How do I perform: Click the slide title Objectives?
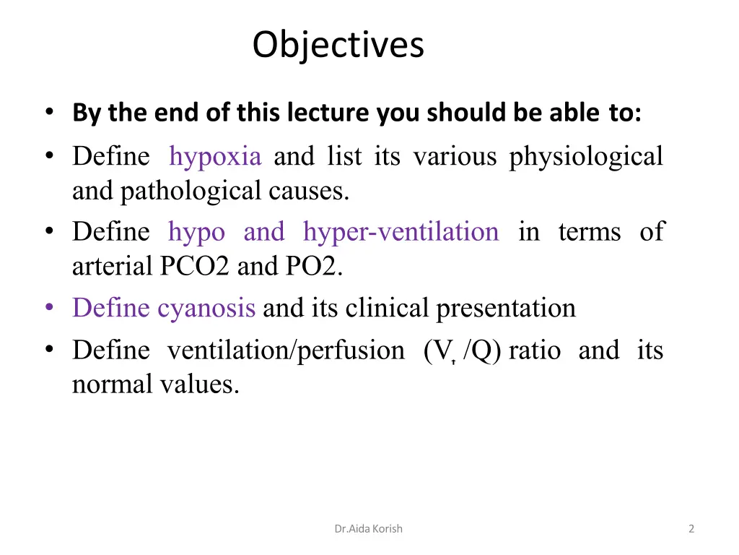(x=338, y=45)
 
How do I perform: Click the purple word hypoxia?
(x=214, y=156)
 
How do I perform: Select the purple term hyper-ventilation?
(x=401, y=232)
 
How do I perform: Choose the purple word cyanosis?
(x=206, y=309)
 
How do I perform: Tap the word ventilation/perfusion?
(x=286, y=350)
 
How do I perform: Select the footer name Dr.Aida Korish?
(x=368, y=529)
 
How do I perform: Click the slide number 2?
(x=691, y=529)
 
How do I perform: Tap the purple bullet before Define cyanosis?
(x=49, y=308)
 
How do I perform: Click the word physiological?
(x=586, y=156)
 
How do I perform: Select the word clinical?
(x=390, y=309)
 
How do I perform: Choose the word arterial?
(x=110, y=267)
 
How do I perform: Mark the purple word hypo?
(x=196, y=232)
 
